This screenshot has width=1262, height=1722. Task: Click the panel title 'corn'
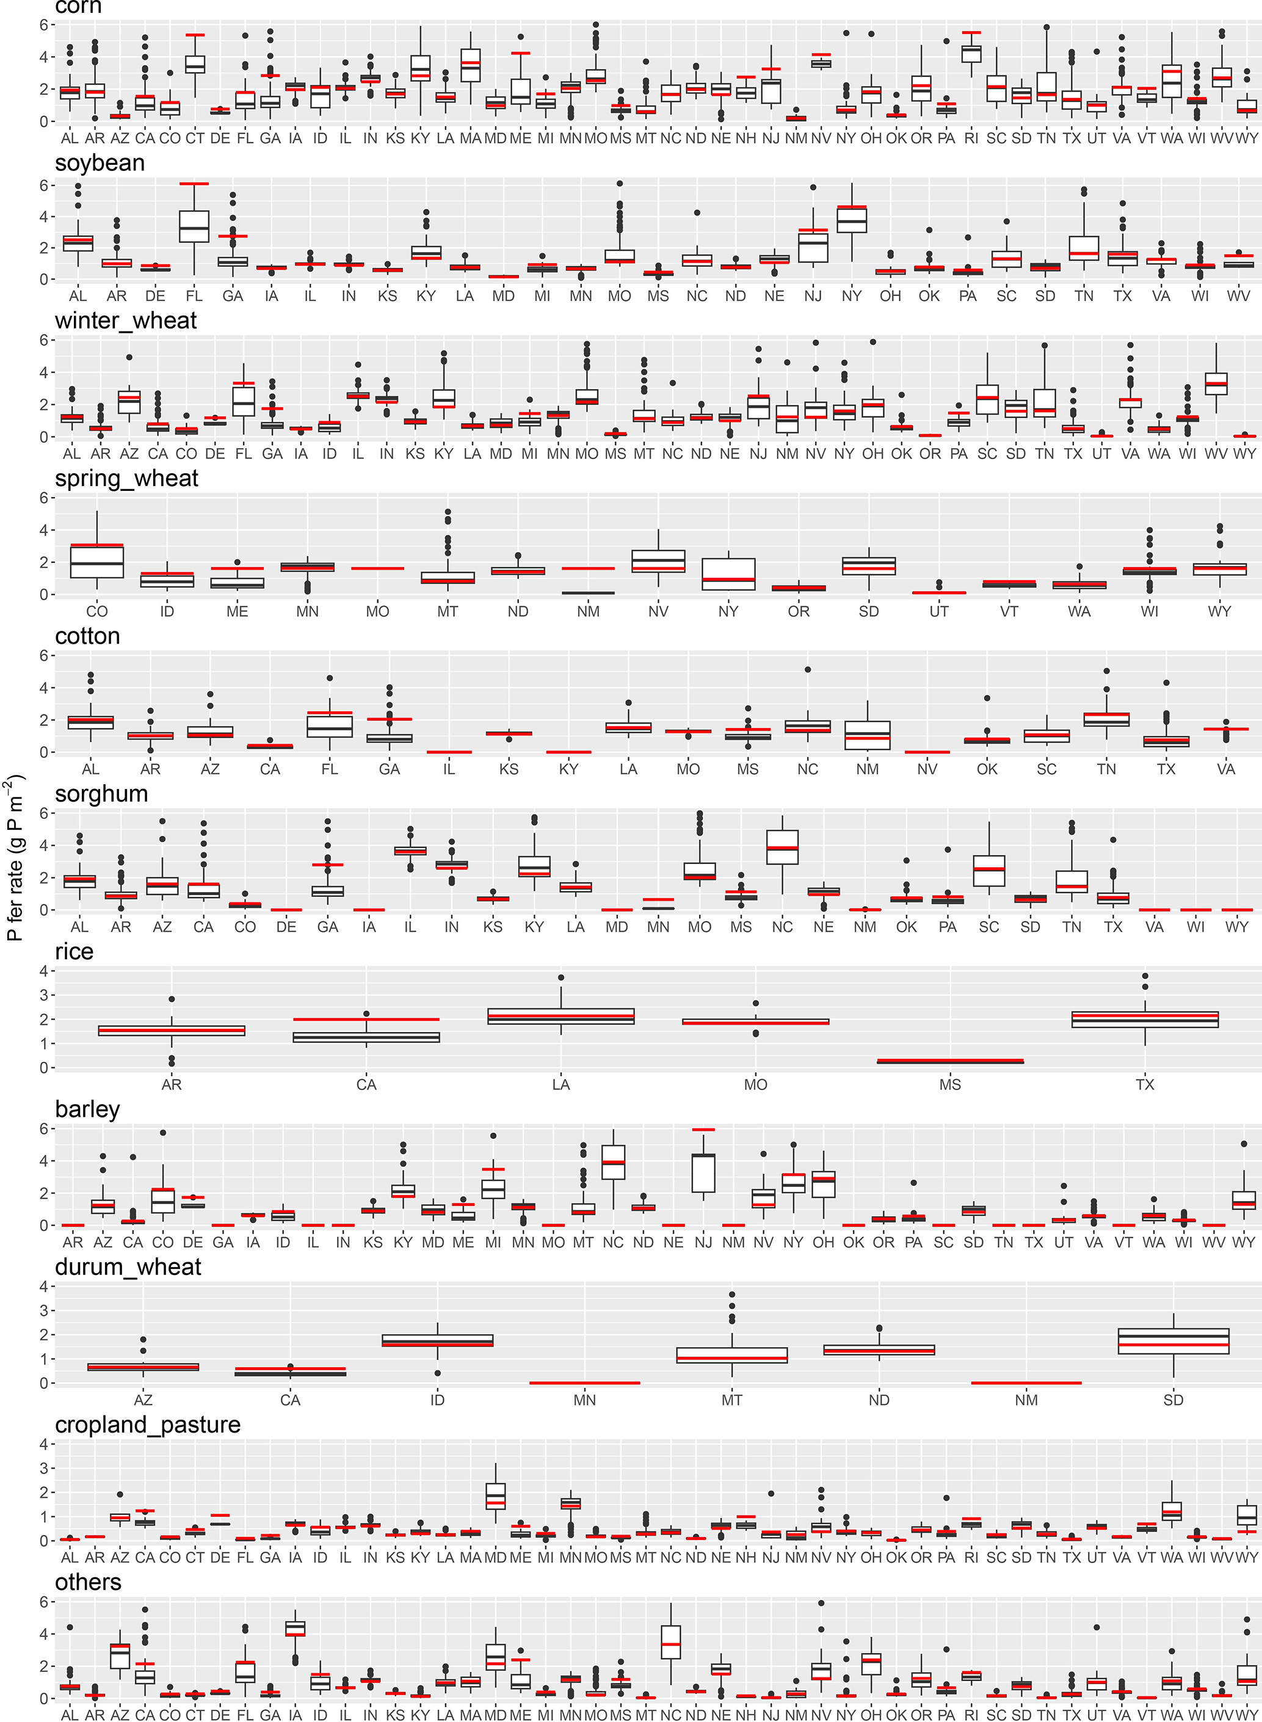pos(78,8)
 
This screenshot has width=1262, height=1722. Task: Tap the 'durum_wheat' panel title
pos(128,1266)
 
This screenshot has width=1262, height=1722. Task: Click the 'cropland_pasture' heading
pos(147,1424)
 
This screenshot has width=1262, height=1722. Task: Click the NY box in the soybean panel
pos(852,219)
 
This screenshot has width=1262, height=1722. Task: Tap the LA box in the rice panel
pos(560,1016)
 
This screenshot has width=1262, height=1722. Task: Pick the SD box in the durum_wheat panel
pos(1173,1342)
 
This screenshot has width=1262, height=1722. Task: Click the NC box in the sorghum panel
pos(782,846)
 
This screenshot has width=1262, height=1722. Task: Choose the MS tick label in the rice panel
pos(951,1084)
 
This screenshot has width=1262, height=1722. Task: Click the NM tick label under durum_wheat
pos(1026,1400)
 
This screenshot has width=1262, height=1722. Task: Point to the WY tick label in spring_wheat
pos(1219,611)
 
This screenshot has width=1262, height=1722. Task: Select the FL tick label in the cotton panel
pos(329,769)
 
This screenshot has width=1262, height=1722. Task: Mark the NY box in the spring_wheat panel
pos(728,574)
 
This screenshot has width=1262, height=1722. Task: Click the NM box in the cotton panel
pos(868,735)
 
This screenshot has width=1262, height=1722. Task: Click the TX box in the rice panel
pos(1144,1019)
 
